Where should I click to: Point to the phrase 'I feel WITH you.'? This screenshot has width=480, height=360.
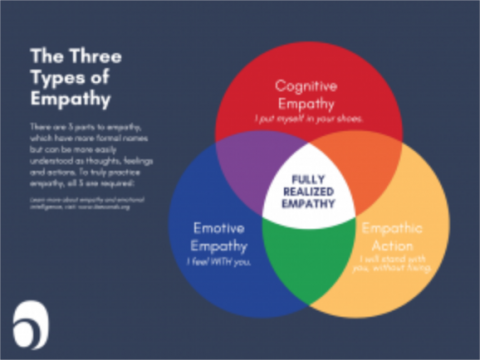pyautogui.click(x=218, y=261)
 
